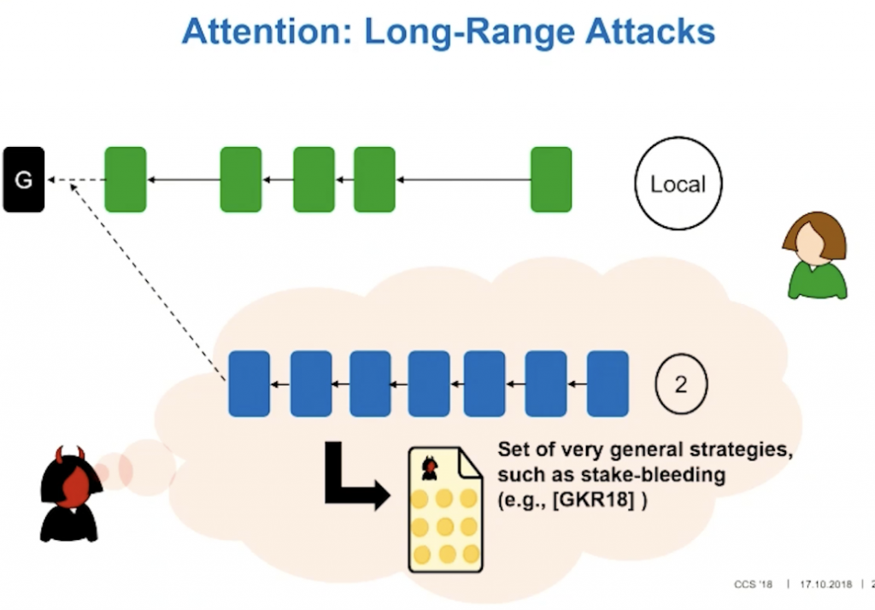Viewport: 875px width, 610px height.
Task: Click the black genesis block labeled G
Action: click(x=23, y=179)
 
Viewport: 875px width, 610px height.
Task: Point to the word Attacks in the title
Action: click(x=650, y=32)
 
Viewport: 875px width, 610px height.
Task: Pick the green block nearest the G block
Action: click(x=126, y=179)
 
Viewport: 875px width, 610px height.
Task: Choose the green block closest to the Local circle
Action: click(x=551, y=179)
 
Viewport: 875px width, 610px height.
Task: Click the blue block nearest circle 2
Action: click(x=608, y=384)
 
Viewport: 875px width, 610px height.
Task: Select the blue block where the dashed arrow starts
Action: click(x=249, y=384)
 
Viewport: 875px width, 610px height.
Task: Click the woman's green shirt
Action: click(x=818, y=281)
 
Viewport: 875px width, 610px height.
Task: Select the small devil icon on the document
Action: click(x=429, y=467)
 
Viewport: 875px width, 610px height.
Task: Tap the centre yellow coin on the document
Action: click(x=444, y=525)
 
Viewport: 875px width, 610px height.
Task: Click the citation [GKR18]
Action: click(x=593, y=499)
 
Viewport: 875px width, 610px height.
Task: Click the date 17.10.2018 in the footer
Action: click(x=826, y=584)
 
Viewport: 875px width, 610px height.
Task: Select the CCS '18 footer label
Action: click(x=754, y=584)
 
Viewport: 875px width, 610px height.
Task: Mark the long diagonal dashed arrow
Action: click(x=147, y=282)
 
